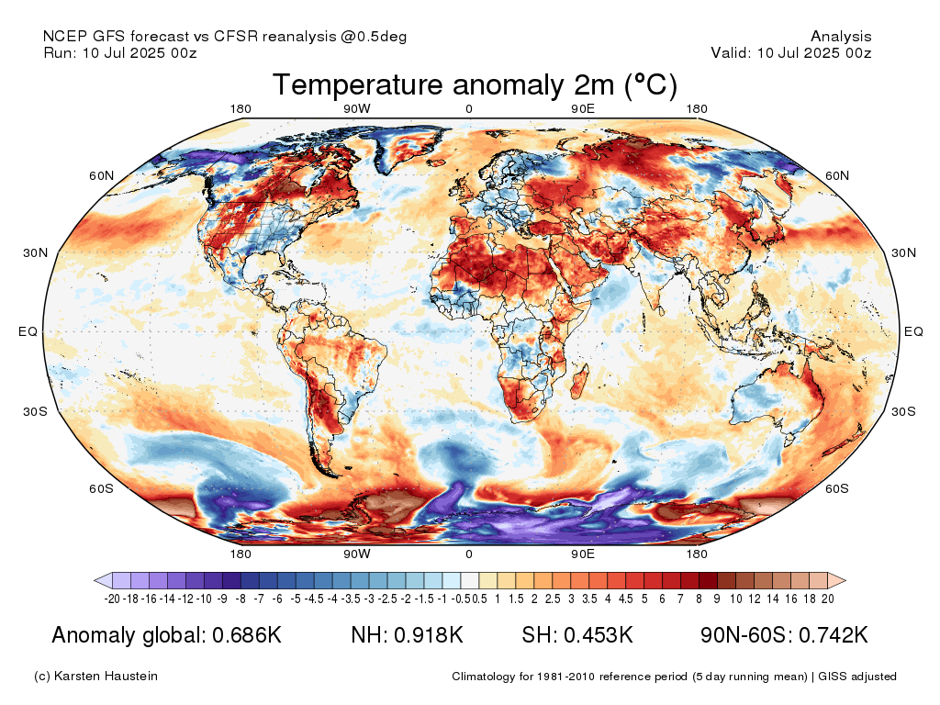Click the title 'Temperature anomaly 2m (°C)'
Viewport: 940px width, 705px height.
pyautogui.click(x=475, y=85)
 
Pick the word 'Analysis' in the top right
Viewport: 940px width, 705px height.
pyautogui.click(x=841, y=37)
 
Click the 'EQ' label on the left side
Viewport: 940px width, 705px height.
pyautogui.click(x=28, y=331)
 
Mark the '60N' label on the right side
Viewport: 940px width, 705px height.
pyautogui.click(x=838, y=175)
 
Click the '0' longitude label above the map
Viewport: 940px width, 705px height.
pyautogui.click(x=469, y=109)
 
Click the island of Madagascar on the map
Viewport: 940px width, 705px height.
pyautogui.click(x=580, y=377)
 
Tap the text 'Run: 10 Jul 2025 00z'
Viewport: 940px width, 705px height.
pyautogui.click(x=120, y=52)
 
